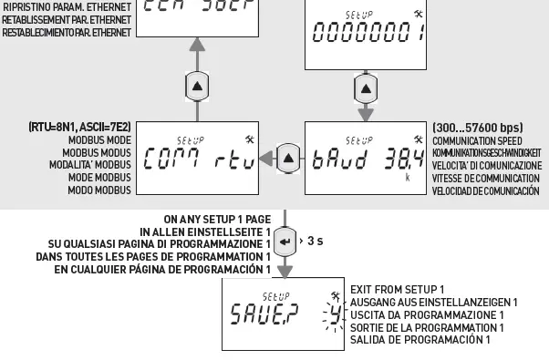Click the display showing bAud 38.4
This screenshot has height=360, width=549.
(364, 160)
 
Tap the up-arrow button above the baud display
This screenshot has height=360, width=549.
(364, 89)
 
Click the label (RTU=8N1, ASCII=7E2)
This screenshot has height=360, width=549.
(78, 129)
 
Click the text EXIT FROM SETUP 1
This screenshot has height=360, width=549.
(397, 289)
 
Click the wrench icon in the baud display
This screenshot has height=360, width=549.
(418, 139)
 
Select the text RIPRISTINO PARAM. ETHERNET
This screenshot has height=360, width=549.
(67, 7)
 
